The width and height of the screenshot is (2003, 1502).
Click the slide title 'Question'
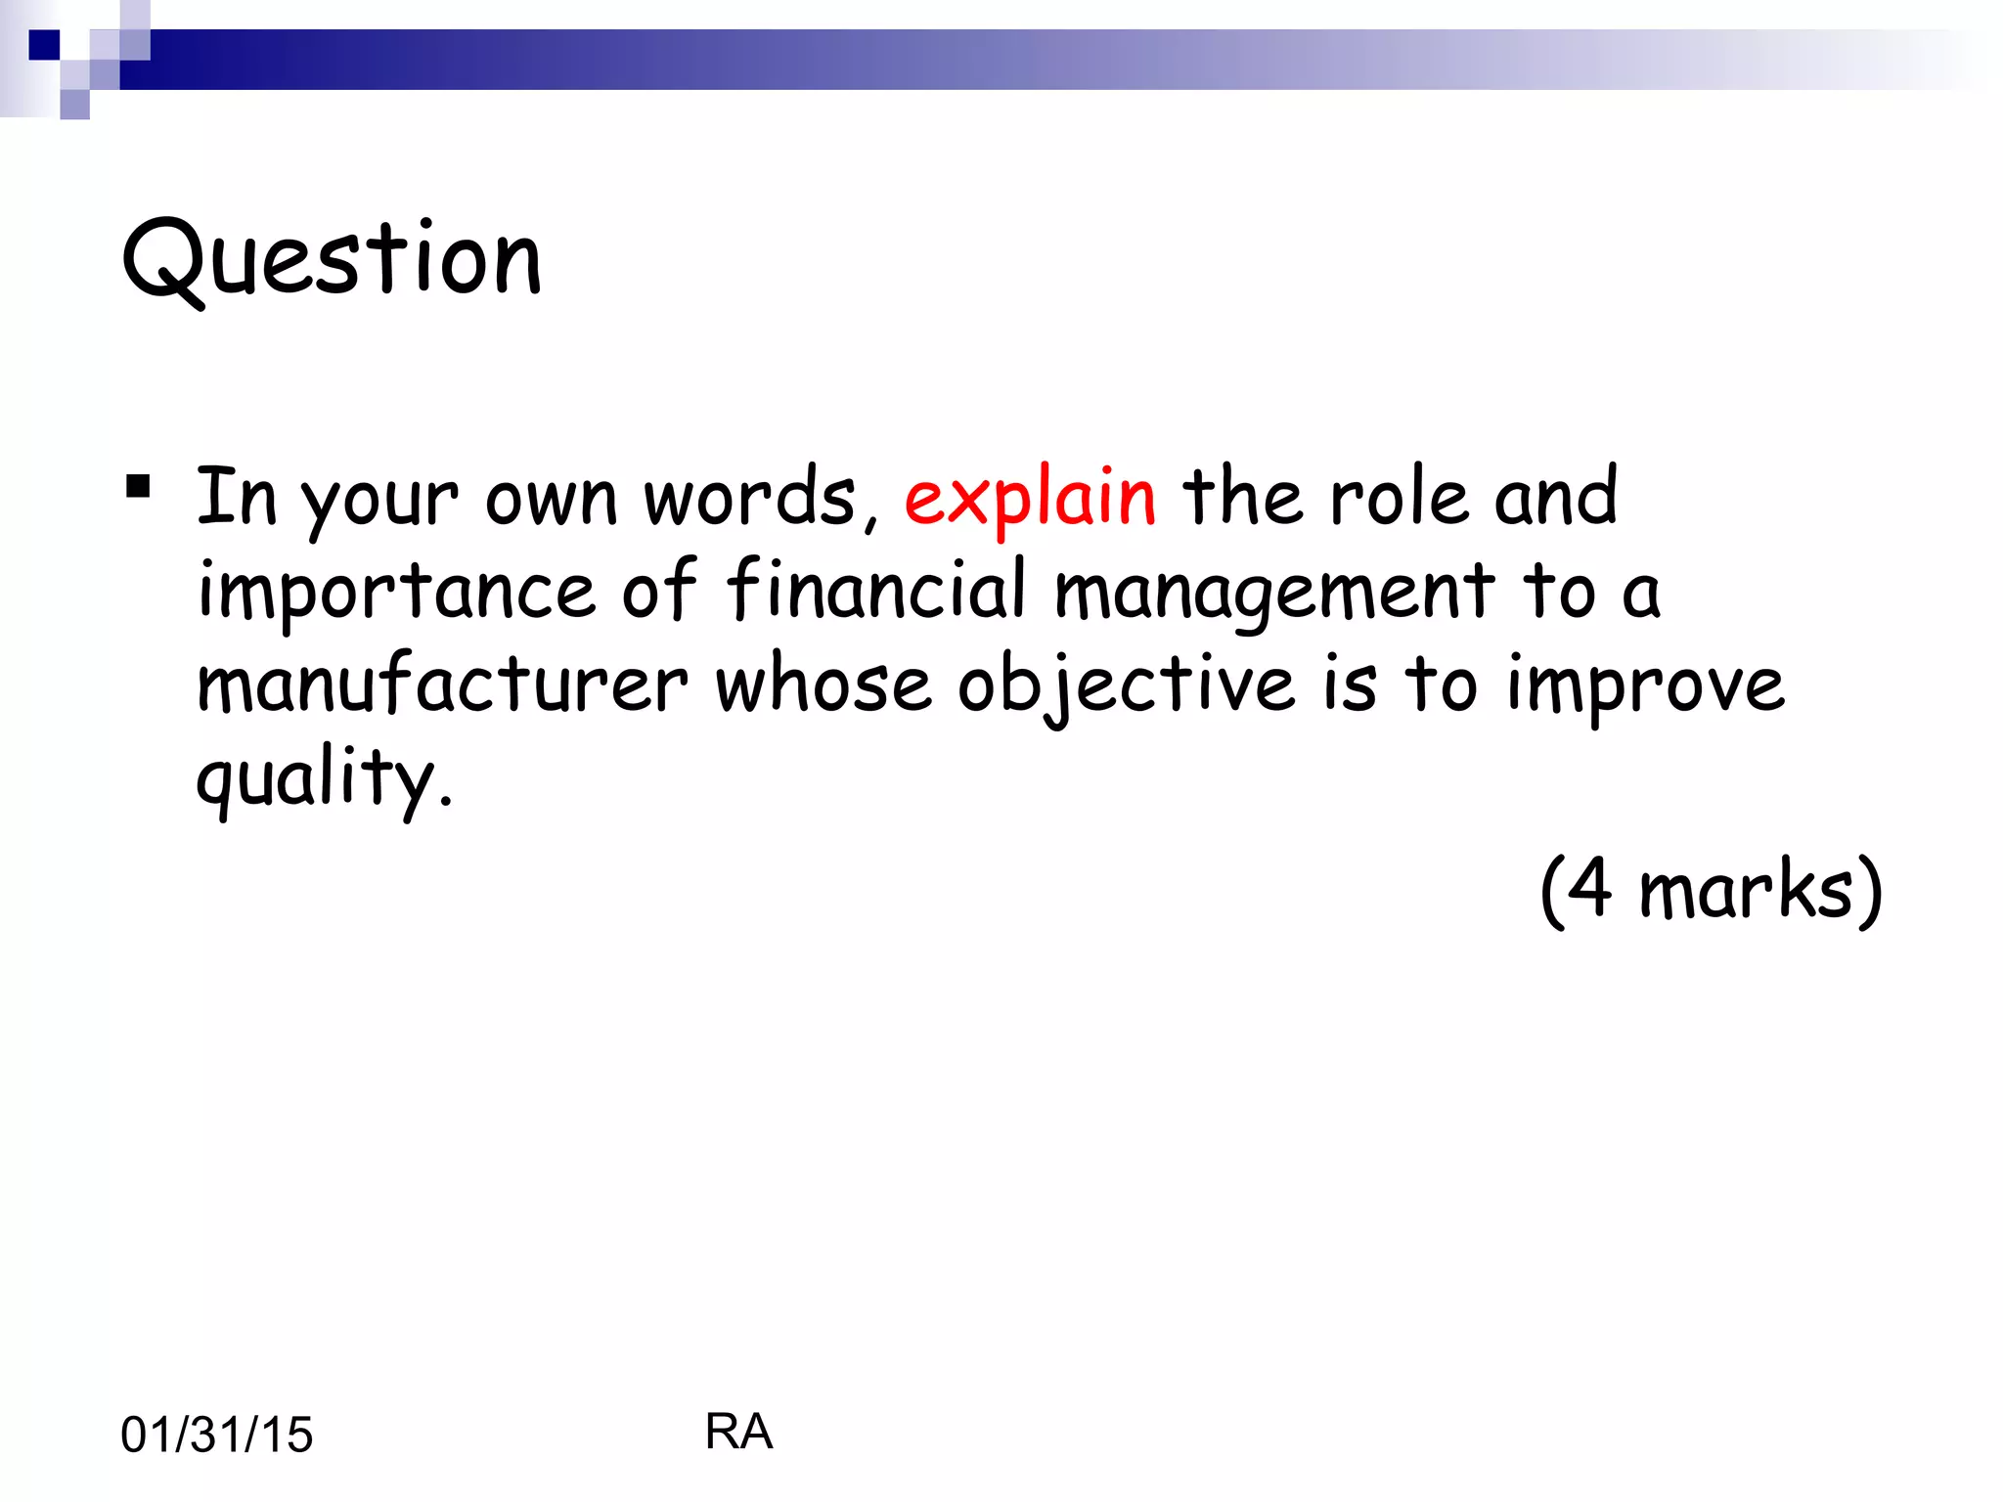click(x=332, y=259)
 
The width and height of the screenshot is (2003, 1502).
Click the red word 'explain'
click(x=1030, y=498)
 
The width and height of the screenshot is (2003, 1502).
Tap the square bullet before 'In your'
click(x=138, y=486)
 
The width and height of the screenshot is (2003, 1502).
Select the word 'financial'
click(x=876, y=590)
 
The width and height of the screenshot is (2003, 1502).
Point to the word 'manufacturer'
click(x=442, y=684)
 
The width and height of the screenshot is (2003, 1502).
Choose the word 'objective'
click(x=1126, y=685)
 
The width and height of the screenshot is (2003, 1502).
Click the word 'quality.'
click(x=325, y=779)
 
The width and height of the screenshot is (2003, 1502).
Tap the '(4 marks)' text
click(x=1711, y=889)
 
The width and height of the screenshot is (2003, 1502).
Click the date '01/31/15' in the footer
click(x=217, y=1435)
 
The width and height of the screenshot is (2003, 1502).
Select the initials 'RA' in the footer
click(x=738, y=1432)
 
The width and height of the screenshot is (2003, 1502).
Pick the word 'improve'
click(x=1646, y=685)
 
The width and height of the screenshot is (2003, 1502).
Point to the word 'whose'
click(x=823, y=684)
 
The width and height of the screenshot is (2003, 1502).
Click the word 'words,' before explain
click(x=761, y=498)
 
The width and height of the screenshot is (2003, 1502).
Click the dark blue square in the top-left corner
click(x=44, y=45)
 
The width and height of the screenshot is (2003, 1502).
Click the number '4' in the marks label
click(x=1591, y=887)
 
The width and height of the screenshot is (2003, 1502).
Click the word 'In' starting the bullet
click(x=237, y=498)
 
